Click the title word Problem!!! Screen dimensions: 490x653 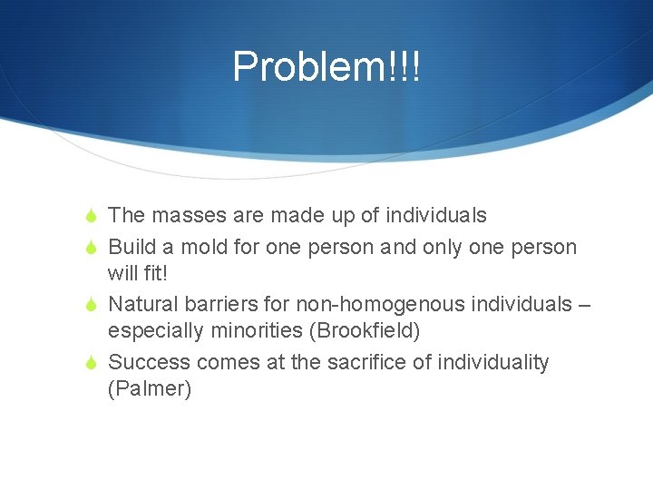(326, 66)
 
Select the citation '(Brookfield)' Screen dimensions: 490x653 (365, 331)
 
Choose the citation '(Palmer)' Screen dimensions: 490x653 (150, 390)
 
